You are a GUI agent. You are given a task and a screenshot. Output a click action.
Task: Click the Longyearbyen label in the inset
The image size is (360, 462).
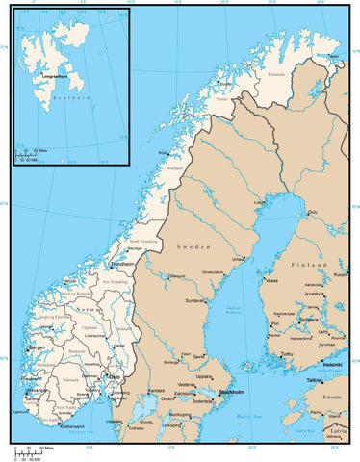click(x=56, y=73)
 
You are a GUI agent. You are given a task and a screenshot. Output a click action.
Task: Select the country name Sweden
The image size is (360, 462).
click(x=189, y=247)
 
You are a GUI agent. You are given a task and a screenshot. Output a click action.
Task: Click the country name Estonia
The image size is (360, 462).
click(x=332, y=397)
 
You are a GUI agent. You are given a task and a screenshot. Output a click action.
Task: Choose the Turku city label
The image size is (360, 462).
click(x=286, y=354)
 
